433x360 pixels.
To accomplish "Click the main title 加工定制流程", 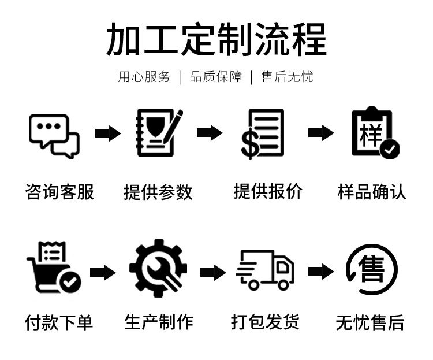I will (216, 39).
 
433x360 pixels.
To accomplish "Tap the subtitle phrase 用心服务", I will (144, 77).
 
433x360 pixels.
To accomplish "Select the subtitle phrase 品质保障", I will (216, 77).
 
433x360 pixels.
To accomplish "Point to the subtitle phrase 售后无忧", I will (287, 77).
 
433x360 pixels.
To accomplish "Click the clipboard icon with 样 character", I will (374, 133).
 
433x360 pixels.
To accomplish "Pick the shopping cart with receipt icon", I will (53, 267).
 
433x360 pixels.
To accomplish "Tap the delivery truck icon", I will (265, 269).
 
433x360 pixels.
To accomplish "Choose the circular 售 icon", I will (372, 269).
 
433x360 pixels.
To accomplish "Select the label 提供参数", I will (158, 192).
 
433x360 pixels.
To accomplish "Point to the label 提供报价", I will (267, 191).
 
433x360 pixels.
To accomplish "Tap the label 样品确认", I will (372, 192).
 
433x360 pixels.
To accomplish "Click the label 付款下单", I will (59, 322).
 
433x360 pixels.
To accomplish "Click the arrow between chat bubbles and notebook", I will (108, 133).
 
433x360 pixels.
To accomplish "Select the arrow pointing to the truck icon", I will (212, 272).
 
